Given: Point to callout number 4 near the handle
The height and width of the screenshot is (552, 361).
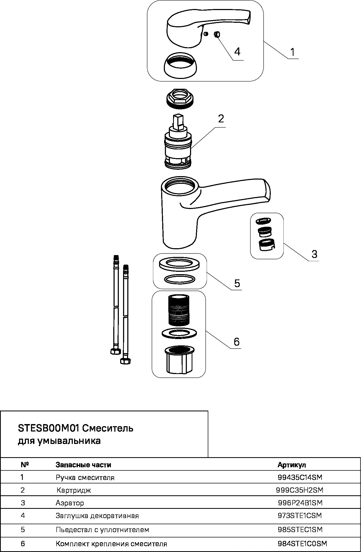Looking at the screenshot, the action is click(x=237, y=51).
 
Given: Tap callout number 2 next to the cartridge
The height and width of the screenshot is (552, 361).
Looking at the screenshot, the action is click(x=221, y=118).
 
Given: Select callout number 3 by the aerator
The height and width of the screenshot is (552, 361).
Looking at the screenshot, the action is click(x=314, y=254).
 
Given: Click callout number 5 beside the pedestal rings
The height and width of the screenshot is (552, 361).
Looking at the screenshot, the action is click(x=237, y=283).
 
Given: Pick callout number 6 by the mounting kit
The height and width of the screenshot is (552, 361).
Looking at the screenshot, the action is click(x=236, y=342).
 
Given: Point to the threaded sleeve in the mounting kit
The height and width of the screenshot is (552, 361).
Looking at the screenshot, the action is click(x=179, y=310).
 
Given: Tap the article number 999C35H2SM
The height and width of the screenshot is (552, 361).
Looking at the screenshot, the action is click(x=300, y=490).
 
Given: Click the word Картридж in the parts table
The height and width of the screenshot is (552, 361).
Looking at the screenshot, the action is click(x=74, y=490).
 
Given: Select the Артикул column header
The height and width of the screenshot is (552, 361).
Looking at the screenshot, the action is click(x=292, y=465).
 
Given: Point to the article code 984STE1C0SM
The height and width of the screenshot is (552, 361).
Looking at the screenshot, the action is click(x=302, y=544).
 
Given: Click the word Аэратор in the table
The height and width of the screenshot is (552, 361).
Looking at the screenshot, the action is click(x=70, y=503).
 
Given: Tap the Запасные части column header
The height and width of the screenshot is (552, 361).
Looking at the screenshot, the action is click(x=83, y=465).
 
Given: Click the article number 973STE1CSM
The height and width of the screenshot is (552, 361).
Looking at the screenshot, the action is click(x=300, y=515).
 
